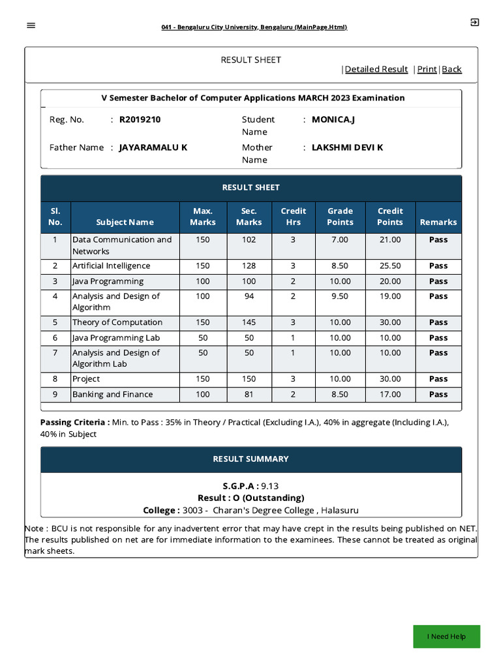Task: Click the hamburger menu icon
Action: (x=31, y=25)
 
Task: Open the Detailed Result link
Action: (x=376, y=69)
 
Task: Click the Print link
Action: (x=427, y=69)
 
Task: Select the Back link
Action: (x=451, y=69)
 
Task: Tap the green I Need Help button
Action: (x=446, y=636)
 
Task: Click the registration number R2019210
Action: (x=140, y=119)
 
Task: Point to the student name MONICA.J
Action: (x=333, y=119)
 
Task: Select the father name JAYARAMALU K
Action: (x=153, y=147)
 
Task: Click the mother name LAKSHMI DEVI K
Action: (x=347, y=147)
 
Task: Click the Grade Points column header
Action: (x=340, y=217)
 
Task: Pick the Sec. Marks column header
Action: (x=249, y=217)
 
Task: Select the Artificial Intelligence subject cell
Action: (x=111, y=266)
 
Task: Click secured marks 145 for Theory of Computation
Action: (x=249, y=322)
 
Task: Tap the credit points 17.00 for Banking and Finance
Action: (x=389, y=394)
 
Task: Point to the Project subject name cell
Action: (x=86, y=379)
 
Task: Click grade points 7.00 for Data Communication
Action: (x=340, y=239)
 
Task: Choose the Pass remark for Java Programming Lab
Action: (x=438, y=338)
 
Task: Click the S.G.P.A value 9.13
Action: (x=269, y=486)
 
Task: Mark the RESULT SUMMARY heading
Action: (x=250, y=459)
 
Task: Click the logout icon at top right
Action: (x=474, y=22)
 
